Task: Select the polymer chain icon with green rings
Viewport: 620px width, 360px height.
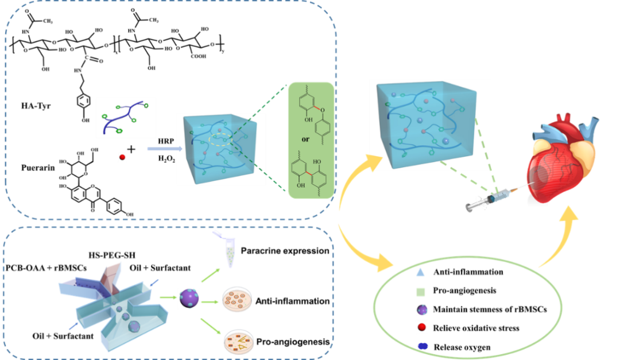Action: click(126, 118)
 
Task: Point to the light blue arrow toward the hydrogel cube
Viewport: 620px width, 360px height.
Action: click(164, 149)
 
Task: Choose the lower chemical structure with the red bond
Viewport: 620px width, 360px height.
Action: click(311, 171)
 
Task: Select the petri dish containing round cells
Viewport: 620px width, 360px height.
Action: click(237, 299)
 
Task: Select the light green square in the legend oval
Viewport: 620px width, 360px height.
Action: click(421, 292)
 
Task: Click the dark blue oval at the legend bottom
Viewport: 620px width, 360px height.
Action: click(423, 346)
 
